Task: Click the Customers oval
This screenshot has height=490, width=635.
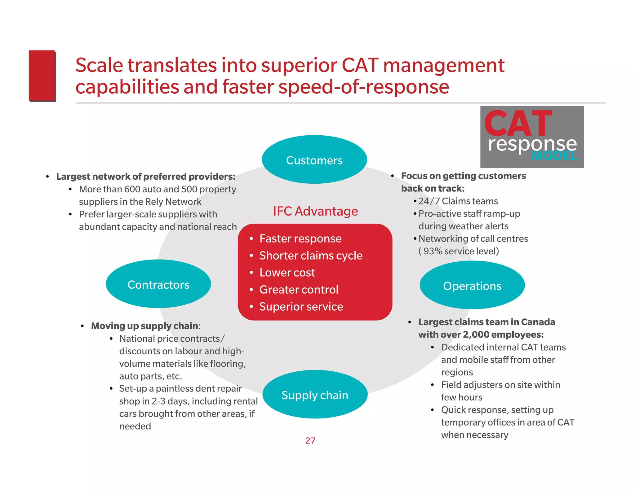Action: coord(314,160)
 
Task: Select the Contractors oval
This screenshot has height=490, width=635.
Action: coord(158,284)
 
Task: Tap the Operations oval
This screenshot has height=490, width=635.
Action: coord(472,286)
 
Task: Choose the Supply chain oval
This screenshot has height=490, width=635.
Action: coord(315,395)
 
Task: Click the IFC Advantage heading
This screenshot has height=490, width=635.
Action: coord(315,211)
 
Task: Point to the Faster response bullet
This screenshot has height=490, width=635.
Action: coord(300,238)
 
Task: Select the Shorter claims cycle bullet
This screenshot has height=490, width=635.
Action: coord(311,256)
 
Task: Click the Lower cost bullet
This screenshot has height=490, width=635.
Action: coord(287,273)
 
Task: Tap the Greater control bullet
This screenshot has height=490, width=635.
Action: coord(299,290)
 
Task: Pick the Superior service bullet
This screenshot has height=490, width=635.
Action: coord(301,307)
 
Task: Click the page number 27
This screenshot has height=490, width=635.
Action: coord(310,440)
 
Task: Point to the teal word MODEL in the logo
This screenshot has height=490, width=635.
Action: coord(554,155)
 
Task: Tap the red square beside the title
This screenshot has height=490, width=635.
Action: coord(42,76)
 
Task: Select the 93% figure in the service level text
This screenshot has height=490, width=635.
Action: coord(433,251)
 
